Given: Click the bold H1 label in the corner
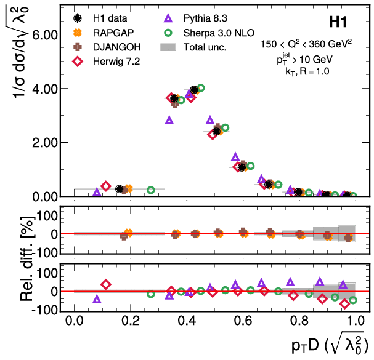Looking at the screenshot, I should click(341, 23).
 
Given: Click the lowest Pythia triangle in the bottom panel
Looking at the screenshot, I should click(97, 299).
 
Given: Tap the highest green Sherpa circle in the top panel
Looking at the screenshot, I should click(200, 88).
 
